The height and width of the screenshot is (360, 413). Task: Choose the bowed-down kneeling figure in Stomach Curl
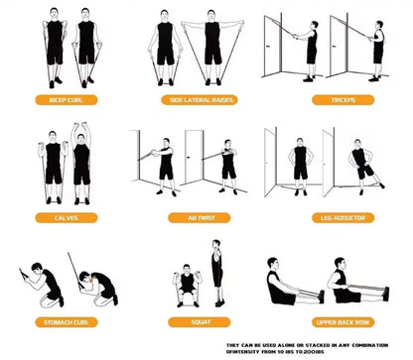tap(99, 287)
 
